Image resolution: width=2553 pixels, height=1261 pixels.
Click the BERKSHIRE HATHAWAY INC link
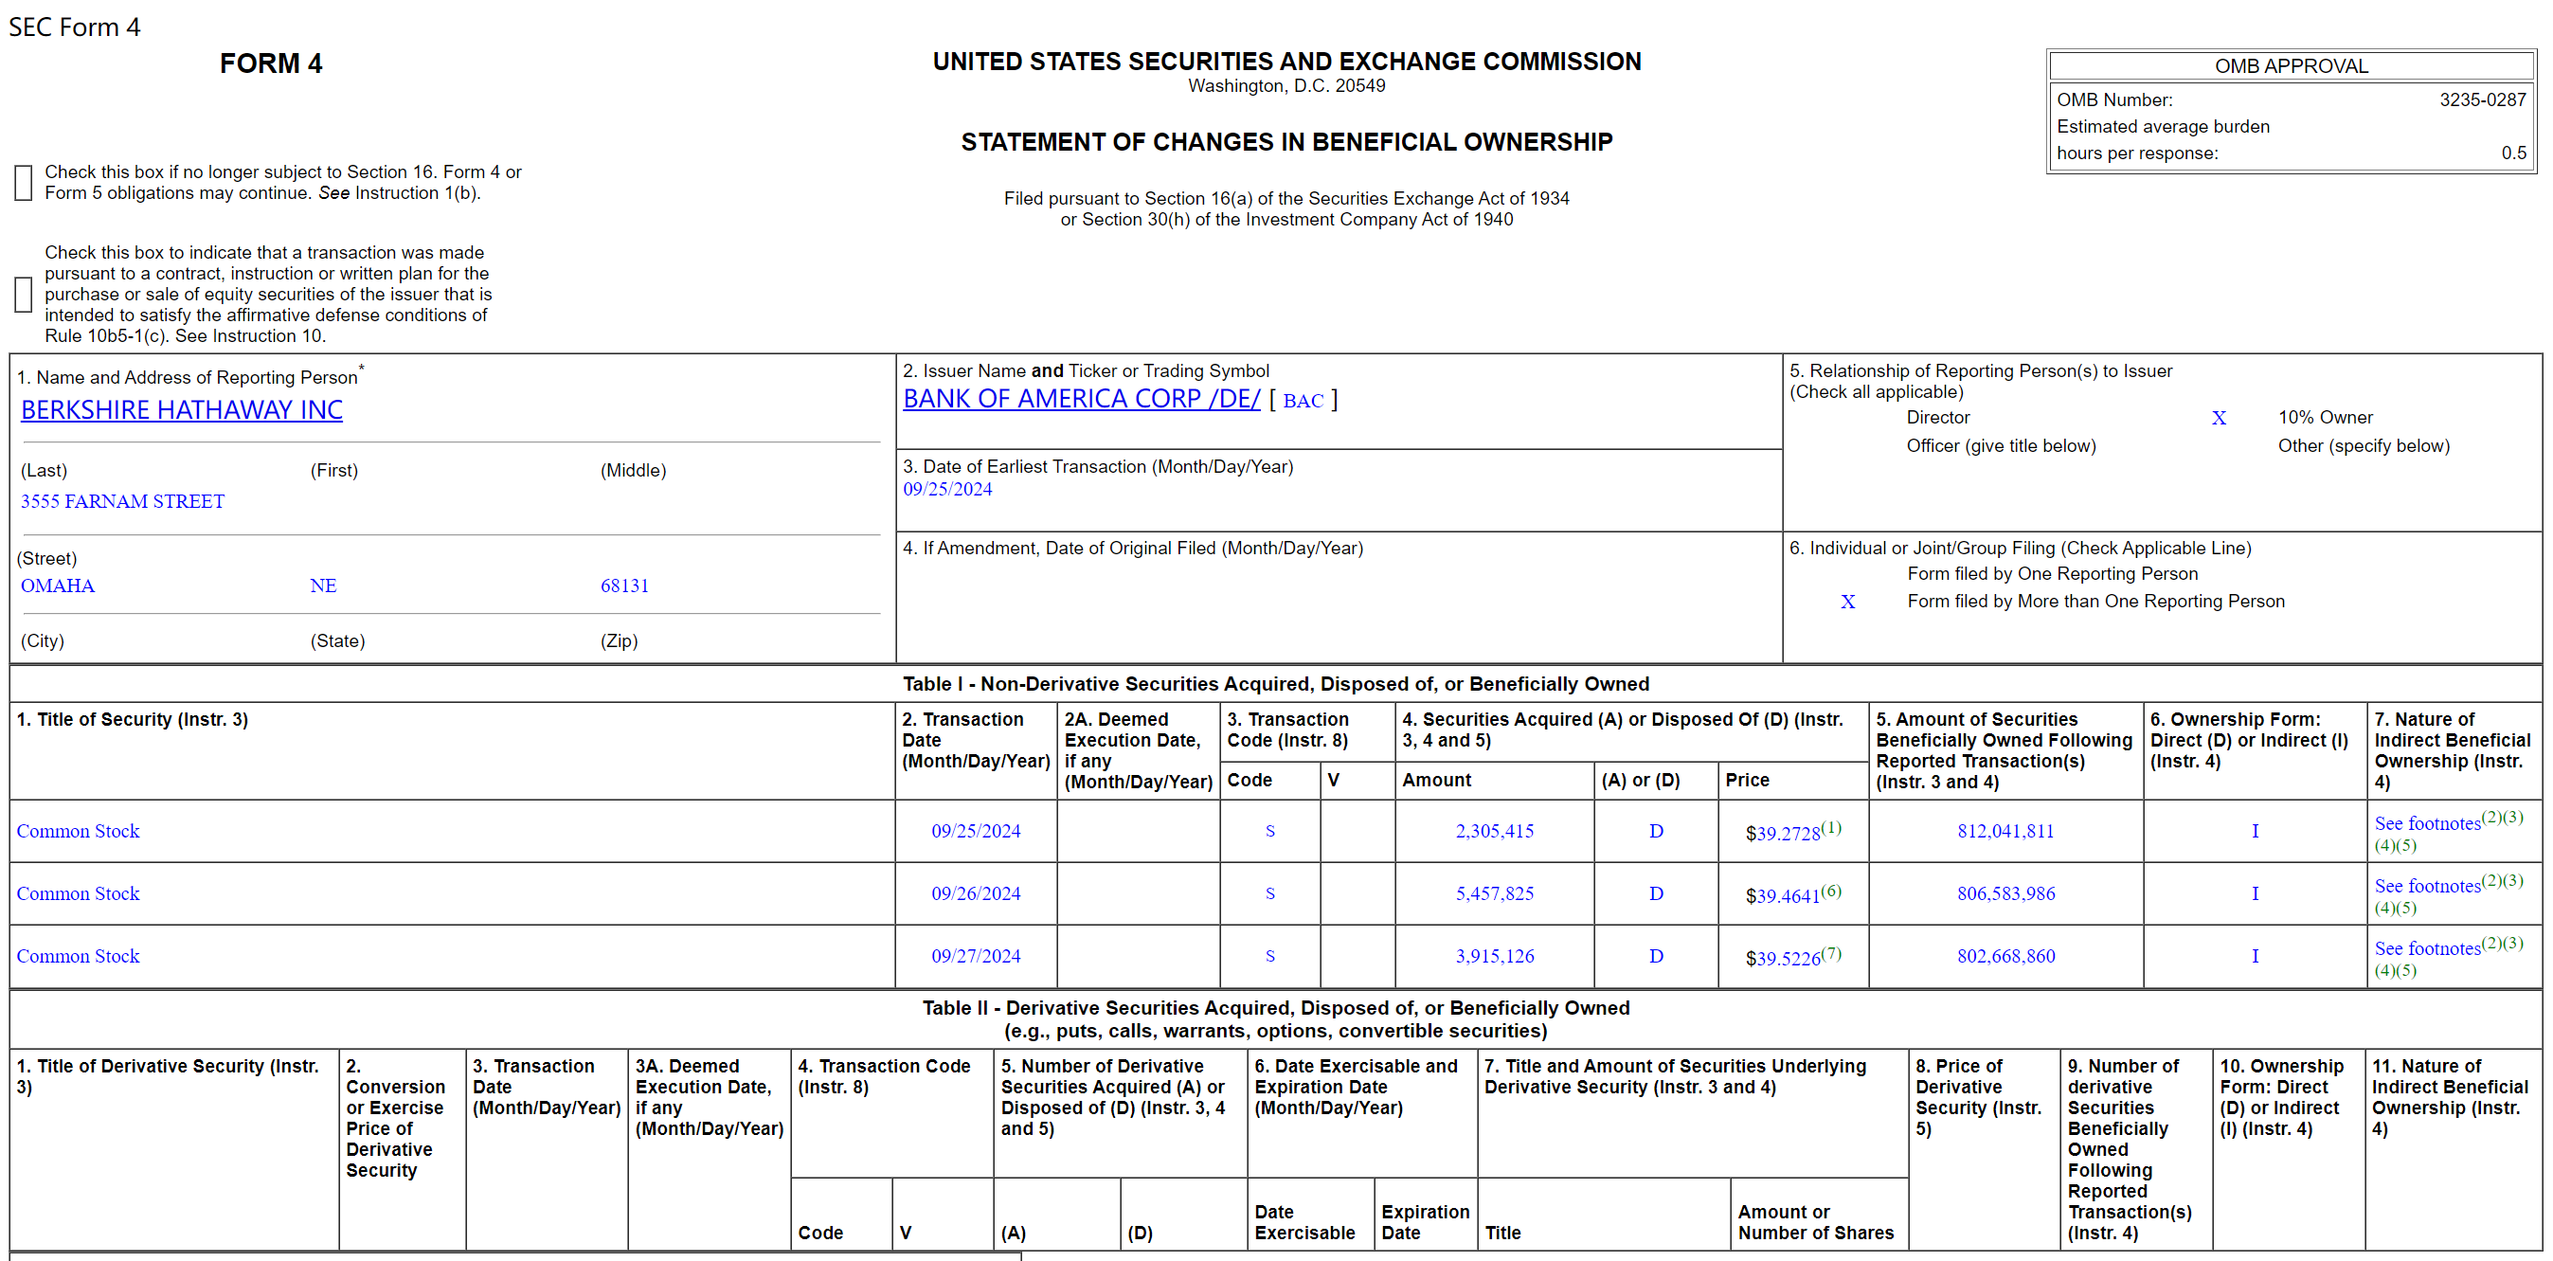(x=181, y=410)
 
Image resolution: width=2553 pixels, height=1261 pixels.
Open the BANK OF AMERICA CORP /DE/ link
(x=1080, y=399)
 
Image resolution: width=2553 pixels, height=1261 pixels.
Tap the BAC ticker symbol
(x=1303, y=401)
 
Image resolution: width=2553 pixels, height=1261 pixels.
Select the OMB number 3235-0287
(x=2482, y=100)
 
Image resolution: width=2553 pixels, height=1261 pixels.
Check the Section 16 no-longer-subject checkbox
(x=24, y=183)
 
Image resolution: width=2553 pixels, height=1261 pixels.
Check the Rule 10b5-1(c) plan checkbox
(x=24, y=295)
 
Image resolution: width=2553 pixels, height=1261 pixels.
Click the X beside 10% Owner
(x=2218, y=419)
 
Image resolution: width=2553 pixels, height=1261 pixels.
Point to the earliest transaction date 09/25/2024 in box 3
(x=946, y=489)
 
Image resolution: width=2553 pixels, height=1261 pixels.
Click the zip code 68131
(x=624, y=585)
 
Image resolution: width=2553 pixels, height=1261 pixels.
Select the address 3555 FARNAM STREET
(x=123, y=501)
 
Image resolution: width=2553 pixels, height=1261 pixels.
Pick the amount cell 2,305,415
(x=1494, y=831)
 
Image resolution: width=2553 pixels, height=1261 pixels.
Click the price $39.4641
(x=1782, y=895)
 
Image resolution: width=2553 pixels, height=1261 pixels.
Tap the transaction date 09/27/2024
(x=975, y=956)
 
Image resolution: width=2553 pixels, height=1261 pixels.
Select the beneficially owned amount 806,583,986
(x=2005, y=893)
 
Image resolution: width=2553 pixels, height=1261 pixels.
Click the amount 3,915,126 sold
(x=1494, y=956)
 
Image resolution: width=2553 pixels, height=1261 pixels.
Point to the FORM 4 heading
(x=271, y=64)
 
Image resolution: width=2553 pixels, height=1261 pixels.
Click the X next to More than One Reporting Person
(x=1847, y=602)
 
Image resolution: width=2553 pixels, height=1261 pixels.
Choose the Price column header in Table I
(x=1746, y=781)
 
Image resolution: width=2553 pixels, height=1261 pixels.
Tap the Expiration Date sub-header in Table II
(x=1424, y=1222)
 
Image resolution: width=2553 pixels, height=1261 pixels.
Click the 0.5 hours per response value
(x=2512, y=153)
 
